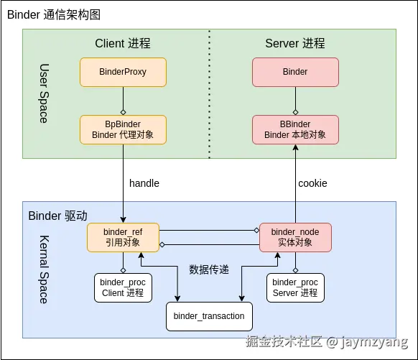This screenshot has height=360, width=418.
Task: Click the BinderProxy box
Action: (x=123, y=72)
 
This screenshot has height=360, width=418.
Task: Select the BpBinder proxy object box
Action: (x=123, y=129)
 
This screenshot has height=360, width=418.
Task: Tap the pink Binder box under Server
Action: (x=295, y=72)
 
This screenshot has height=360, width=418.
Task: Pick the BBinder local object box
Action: (x=295, y=129)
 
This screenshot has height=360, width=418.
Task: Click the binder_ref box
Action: (x=123, y=237)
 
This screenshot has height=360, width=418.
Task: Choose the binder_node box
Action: (x=295, y=237)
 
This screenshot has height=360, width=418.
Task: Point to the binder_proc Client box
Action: (x=123, y=287)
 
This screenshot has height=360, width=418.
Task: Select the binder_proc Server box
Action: (x=295, y=287)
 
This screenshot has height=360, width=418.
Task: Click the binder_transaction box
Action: (x=209, y=316)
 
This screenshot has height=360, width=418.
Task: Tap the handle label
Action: (x=144, y=183)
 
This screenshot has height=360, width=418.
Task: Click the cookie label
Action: (x=312, y=183)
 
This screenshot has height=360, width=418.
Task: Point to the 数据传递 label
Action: (x=209, y=269)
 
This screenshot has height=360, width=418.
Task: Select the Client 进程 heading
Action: (x=123, y=43)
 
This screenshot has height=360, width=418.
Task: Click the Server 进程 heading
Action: (x=295, y=43)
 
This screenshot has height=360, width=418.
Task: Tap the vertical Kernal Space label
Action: (x=44, y=269)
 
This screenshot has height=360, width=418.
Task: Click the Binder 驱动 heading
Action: (x=57, y=216)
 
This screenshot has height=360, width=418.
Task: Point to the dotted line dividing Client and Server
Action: (x=210, y=93)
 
